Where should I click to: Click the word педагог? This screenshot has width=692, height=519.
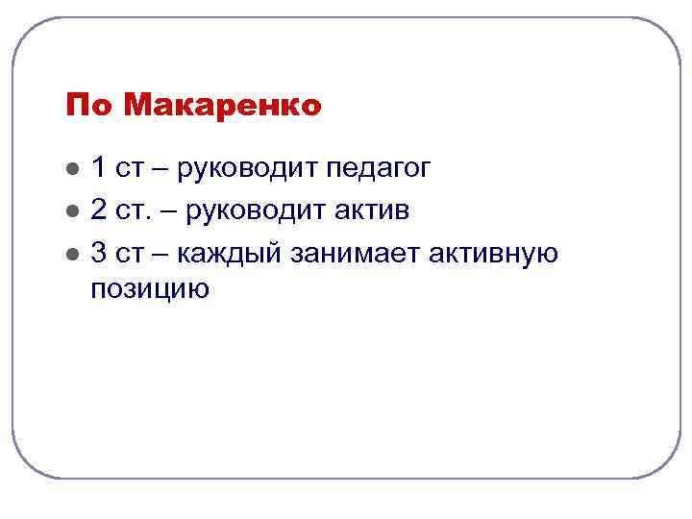(x=378, y=170)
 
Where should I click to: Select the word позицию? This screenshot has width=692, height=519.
(x=150, y=288)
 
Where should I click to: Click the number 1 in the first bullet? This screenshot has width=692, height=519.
(x=98, y=168)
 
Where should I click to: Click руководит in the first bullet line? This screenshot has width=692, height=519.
(x=246, y=170)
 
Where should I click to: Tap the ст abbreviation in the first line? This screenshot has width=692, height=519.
(x=128, y=170)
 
